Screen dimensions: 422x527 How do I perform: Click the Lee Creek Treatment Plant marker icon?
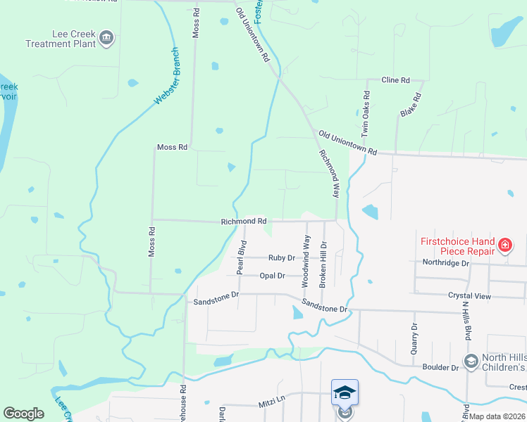click(x=106, y=37)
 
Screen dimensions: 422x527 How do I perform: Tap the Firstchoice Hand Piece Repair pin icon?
click(x=504, y=245)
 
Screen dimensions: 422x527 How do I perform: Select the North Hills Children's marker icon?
click(x=471, y=362)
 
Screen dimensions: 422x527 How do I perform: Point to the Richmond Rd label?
click(x=243, y=221)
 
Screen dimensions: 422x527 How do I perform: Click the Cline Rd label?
click(x=395, y=81)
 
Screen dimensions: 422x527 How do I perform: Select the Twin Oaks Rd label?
click(x=365, y=113)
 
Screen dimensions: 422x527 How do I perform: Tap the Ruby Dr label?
click(x=281, y=258)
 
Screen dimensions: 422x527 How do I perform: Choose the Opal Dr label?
click(x=272, y=276)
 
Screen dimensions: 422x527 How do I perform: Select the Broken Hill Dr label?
click(x=324, y=264)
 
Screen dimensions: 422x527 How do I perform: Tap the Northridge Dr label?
click(x=445, y=263)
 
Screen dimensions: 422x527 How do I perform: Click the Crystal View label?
click(x=474, y=297)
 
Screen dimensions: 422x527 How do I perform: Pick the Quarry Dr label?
click(x=414, y=338)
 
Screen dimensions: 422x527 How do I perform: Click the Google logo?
click(x=23, y=414)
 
